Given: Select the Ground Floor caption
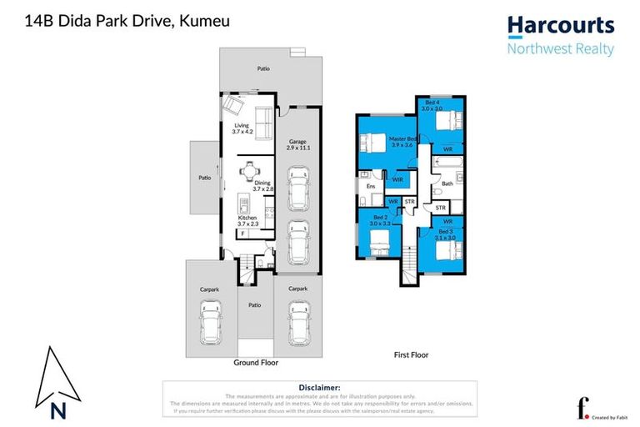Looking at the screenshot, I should click(x=257, y=363).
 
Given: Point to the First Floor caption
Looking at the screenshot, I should click(x=411, y=354).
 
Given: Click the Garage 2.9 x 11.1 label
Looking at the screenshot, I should click(x=297, y=144).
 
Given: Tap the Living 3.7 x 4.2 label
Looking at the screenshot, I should click(x=241, y=128).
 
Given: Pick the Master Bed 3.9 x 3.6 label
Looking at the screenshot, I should click(x=402, y=140).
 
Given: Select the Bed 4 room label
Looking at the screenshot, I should click(x=431, y=105).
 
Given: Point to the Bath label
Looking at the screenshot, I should click(x=447, y=183).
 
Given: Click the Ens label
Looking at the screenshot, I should click(x=370, y=188).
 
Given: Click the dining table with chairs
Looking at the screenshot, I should click(x=250, y=172).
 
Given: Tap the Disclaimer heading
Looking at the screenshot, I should click(x=319, y=387).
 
